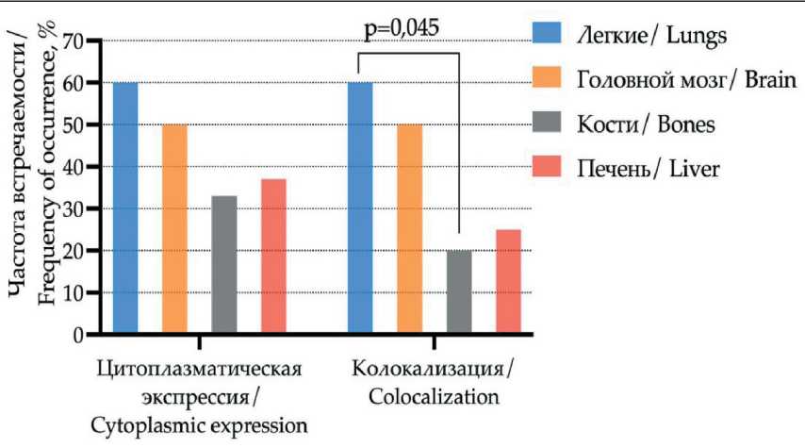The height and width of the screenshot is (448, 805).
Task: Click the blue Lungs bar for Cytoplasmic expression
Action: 125,207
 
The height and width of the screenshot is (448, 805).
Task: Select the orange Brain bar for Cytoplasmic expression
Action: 174,228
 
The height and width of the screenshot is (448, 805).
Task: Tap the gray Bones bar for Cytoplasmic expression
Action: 224,264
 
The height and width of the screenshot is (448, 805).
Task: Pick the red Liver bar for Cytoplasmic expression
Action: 273,256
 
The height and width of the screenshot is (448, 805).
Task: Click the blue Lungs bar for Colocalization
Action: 360,207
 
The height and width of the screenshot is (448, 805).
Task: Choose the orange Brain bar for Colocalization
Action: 409,228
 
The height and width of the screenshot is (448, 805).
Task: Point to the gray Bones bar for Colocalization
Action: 459,291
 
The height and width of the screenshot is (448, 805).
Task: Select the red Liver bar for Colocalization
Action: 508,281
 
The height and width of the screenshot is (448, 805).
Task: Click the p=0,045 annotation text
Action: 401,25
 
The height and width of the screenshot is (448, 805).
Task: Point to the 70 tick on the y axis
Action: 73,41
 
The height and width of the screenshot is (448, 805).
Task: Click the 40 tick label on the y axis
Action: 73,167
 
